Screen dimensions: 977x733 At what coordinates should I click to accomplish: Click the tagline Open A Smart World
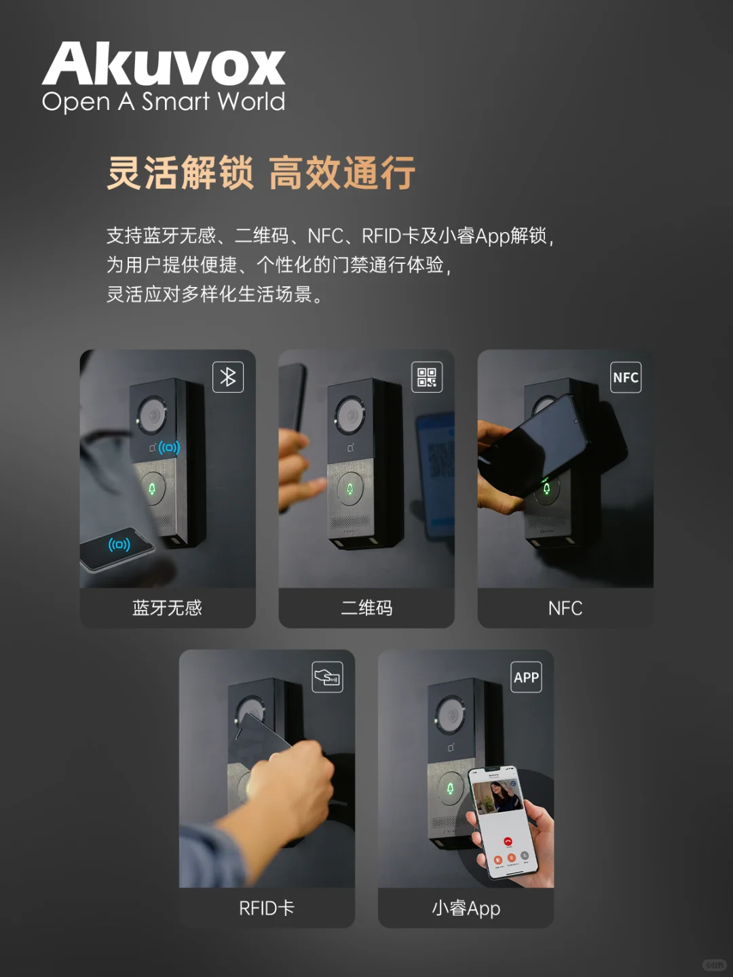[x=164, y=102]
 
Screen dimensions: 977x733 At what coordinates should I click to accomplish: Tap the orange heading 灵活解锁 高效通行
[x=261, y=172]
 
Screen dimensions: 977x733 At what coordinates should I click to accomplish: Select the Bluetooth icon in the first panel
[x=228, y=377]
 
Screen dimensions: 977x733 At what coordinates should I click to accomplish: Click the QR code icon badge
[x=427, y=377]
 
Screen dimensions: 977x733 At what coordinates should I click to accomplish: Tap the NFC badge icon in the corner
[x=625, y=377]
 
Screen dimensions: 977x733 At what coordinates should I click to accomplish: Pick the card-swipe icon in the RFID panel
[x=327, y=677]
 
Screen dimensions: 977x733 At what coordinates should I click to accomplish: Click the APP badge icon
[x=526, y=677]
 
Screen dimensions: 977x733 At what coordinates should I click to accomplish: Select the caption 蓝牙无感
[x=167, y=608]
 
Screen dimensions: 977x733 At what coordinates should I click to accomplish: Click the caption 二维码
[x=366, y=608]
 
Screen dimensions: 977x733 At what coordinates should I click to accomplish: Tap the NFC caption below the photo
[x=565, y=608]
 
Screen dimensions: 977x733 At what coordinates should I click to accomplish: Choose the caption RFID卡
[x=267, y=908]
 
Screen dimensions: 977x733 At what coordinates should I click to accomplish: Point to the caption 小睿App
[x=466, y=908]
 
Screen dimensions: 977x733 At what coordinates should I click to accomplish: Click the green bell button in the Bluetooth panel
[x=152, y=488]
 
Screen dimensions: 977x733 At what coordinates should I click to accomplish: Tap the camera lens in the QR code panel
[x=350, y=414]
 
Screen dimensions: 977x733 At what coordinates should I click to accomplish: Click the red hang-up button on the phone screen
[x=508, y=842]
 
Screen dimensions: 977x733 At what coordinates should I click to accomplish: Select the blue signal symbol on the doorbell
[x=169, y=448]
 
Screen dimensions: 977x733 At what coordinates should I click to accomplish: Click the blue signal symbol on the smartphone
[x=119, y=544]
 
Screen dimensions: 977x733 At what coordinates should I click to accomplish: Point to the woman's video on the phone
[x=497, y=797]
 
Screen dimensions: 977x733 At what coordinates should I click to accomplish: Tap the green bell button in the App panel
[x=449, y=788]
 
